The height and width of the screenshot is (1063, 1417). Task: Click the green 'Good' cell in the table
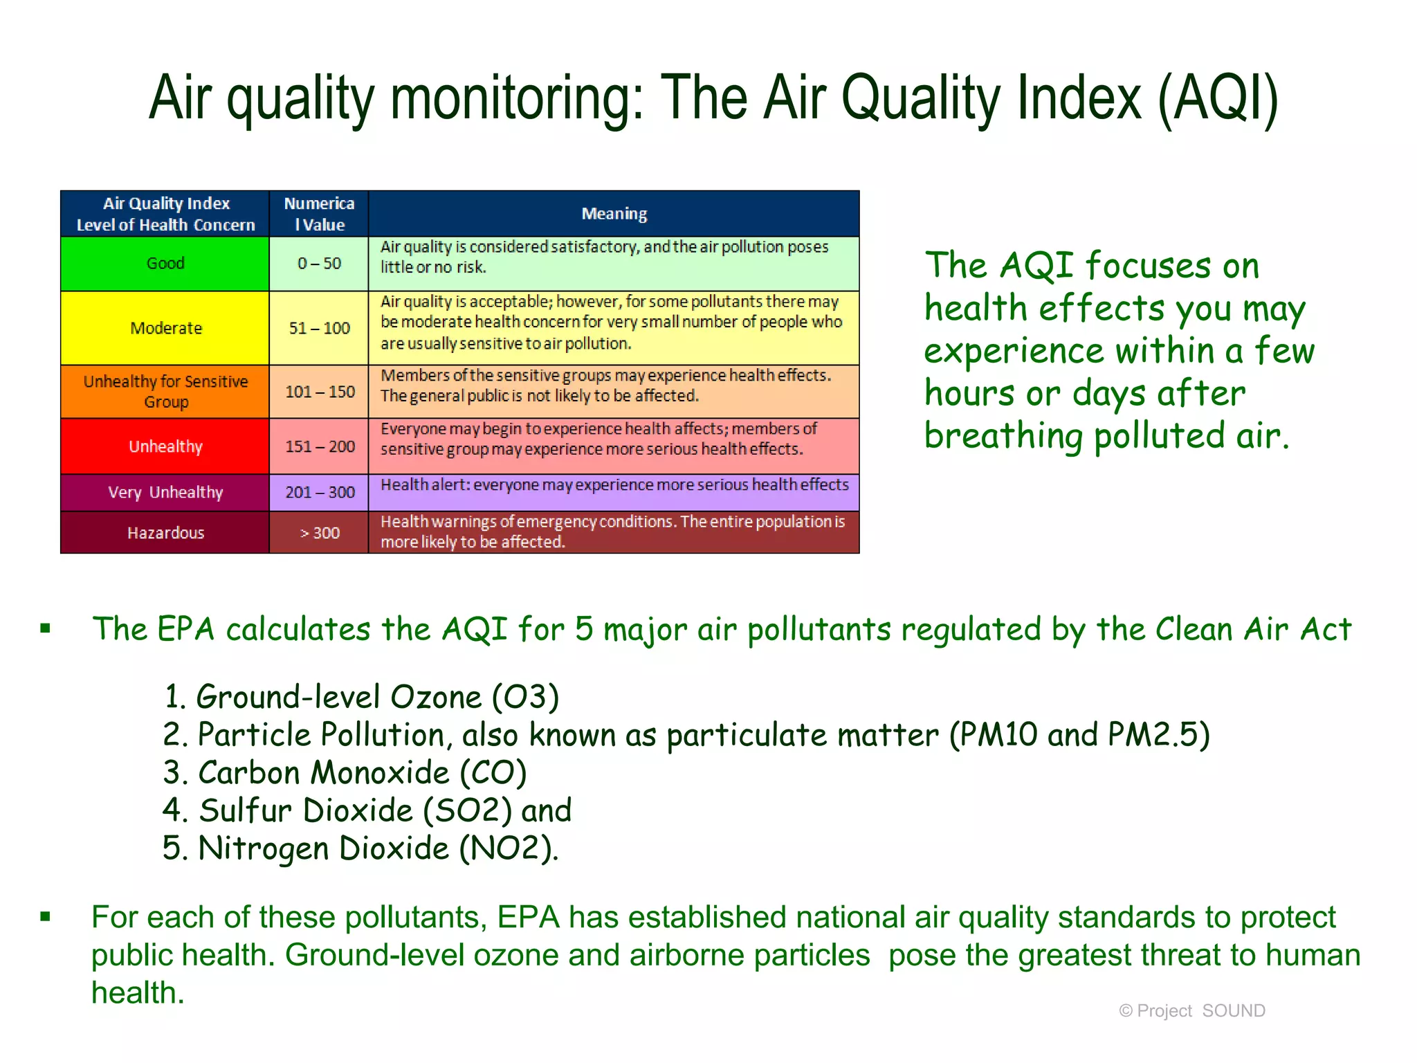[165, 264]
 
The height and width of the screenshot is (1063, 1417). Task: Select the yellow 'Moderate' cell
[165, 328]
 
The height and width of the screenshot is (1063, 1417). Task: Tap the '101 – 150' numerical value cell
[319, 392]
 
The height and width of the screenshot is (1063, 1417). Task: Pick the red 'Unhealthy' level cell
[165, 446]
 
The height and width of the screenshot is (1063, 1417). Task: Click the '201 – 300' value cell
[319, 492]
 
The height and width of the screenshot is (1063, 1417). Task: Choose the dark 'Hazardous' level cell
[165, 532]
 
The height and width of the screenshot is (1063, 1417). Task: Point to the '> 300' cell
[319, 532]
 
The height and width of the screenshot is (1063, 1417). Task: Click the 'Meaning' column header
[614, 214]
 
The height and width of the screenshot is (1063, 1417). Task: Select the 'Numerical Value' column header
[319, 214]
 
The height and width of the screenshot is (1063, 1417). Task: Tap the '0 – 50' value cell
[319, 264]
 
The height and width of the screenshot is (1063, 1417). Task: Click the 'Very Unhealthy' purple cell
[165, 492]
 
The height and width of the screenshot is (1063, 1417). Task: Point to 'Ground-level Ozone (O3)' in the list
[361, 697]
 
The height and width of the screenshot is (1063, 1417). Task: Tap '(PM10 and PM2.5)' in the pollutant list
[1079, 734]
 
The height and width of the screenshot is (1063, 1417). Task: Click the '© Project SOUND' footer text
[1191, 1011]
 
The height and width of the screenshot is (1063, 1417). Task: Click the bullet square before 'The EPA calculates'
[46, 628]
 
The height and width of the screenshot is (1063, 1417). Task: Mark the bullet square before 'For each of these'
[46, 917]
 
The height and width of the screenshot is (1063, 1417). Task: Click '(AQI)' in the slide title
[1218, 98]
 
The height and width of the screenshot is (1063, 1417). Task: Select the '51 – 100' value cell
[319, 328]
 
